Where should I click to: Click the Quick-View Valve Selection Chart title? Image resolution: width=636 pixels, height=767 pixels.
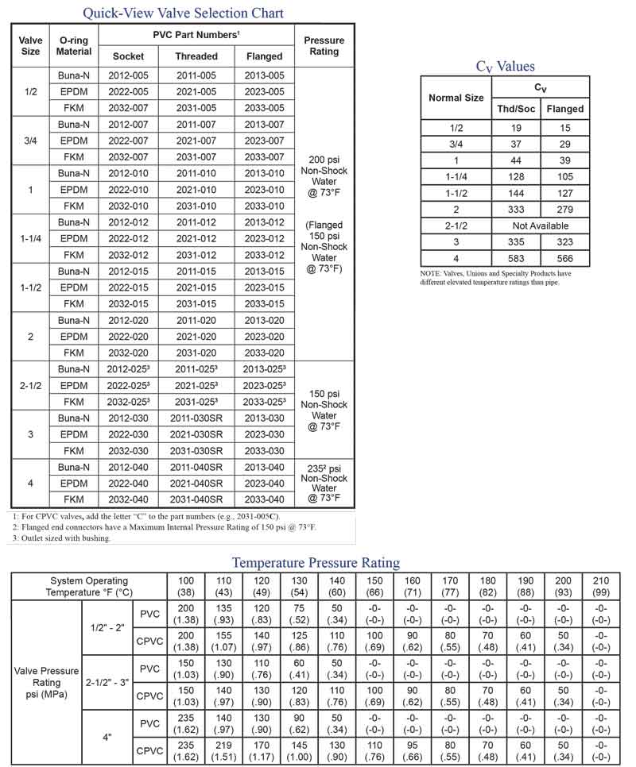pyautogui.click(x=184, y=13)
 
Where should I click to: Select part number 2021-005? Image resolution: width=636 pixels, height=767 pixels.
pyautogui.click(x=196, y=91)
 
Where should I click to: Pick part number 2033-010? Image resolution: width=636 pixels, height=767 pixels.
pyautogui.click(x=264, y=206)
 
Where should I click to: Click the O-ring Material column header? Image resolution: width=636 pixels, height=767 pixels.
pyautogui.click(x=74, y=46)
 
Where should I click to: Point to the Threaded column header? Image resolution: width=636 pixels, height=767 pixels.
pyautogui.click(x=196, y=56)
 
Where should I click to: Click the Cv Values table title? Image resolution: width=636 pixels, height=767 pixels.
pyautogui.click(x=505, y=67)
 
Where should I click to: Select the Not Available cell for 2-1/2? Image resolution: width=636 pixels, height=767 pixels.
pyautogui.click(x=541, y=225)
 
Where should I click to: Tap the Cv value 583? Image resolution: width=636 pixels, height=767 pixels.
pyautogui.click(x=516, y=258)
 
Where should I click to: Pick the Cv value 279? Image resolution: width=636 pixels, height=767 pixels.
pyautogui.click(x=565, y=209)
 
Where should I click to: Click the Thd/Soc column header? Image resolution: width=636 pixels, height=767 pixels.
pyautogui.click(x=516, y=109)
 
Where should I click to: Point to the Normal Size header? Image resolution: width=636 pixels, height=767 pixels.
pyautogui.click(x=456, y=98)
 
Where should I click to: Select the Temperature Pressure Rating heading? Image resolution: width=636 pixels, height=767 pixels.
pyautogui.click(x=316, y=562)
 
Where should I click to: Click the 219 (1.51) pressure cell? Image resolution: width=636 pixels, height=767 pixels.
pyautogui.click(x=224, y=750)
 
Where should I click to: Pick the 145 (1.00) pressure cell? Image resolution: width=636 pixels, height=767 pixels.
pyautogui.click(x=299, y=750)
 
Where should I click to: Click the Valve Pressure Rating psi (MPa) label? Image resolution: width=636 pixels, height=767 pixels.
pyautogui.click(x=46, y=682)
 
